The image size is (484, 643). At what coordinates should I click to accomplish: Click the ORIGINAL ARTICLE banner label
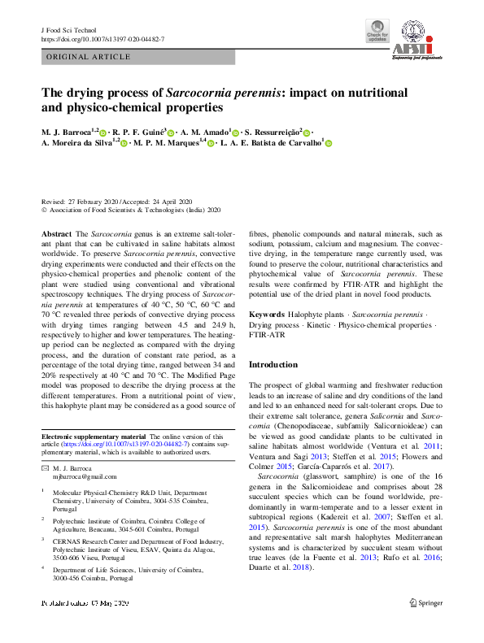pyautogui.click(x=89, y=57)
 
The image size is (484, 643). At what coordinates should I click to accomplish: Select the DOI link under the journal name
pyautogui.click(x=102, y=39)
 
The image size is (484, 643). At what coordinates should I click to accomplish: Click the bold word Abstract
pyautogui.click(x=57, y=233)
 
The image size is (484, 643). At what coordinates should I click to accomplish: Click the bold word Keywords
pyautogui.click(x=267, y=313)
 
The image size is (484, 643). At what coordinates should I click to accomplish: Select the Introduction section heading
pyautogui.click(x=273, y=365)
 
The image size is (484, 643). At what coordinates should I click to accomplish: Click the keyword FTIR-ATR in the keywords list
pyautogui.click(x=267, y=335)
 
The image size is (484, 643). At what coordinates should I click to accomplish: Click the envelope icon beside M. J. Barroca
pyautogui.click(x=45, y=470)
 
